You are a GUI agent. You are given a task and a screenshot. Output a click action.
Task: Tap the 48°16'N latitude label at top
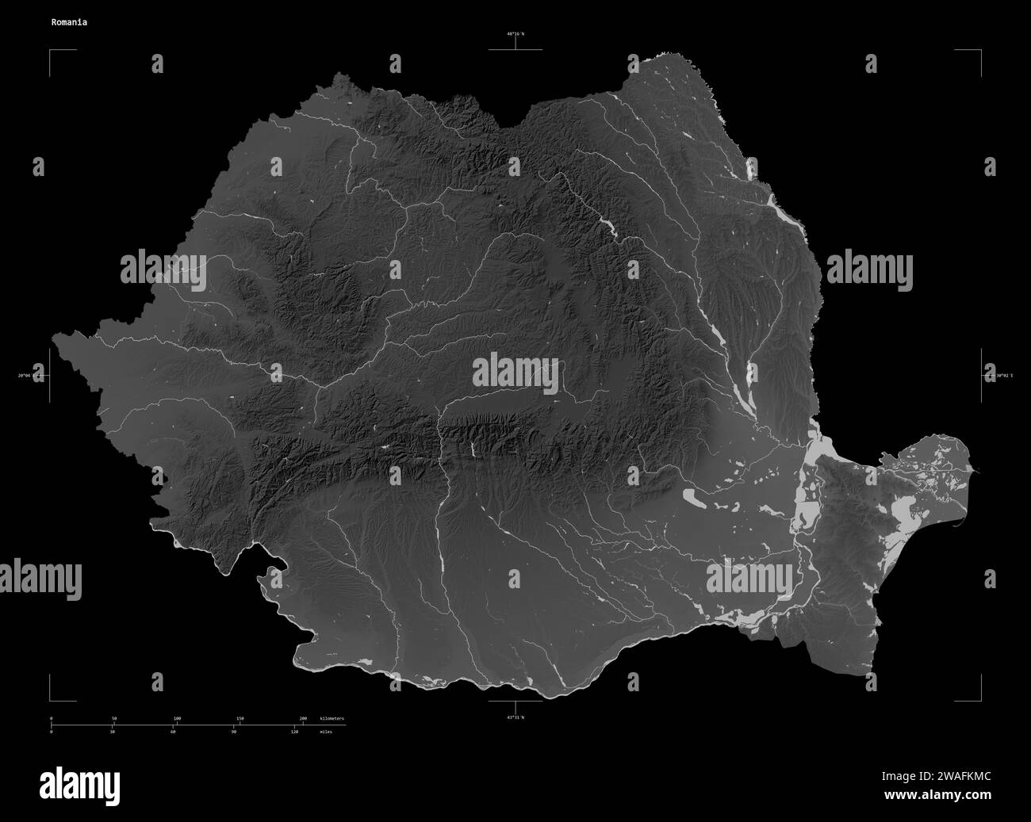point(515,34)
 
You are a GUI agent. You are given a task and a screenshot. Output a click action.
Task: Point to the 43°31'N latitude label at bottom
point(515,717)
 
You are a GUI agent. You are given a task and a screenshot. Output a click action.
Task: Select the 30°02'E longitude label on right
point(997,376)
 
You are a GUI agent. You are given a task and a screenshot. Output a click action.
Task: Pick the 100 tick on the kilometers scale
point(177,718)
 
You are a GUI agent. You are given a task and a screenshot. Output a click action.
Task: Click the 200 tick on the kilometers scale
point(303,718)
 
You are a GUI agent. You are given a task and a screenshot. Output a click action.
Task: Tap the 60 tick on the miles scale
point(173,732)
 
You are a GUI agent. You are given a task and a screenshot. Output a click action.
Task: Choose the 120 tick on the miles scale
point(294,732)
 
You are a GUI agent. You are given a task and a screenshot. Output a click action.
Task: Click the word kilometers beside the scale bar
point(332,718)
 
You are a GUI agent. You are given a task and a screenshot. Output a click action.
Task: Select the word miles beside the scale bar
point(326,732)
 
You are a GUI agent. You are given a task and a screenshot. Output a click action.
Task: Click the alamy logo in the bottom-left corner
point(80,785)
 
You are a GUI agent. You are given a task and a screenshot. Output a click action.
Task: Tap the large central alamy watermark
point(515,373)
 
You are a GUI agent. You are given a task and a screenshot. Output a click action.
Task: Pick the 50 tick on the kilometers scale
point(114,718)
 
